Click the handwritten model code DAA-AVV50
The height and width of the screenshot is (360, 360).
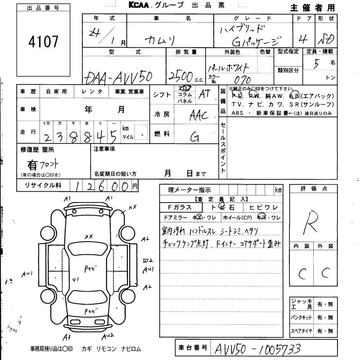pyautogui.click(x=118, y=77)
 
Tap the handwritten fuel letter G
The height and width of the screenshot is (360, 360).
pyautogui.click(x=194, y=136)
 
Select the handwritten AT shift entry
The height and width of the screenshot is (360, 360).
pyautogui.click(x=205, y=94)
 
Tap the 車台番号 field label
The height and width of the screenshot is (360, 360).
pyautogui.click(x=192, y=347)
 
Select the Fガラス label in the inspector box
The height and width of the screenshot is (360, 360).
pyautogui.click(x=180, y=207)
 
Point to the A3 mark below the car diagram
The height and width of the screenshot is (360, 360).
pyautogui.click(x=67, y=337)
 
